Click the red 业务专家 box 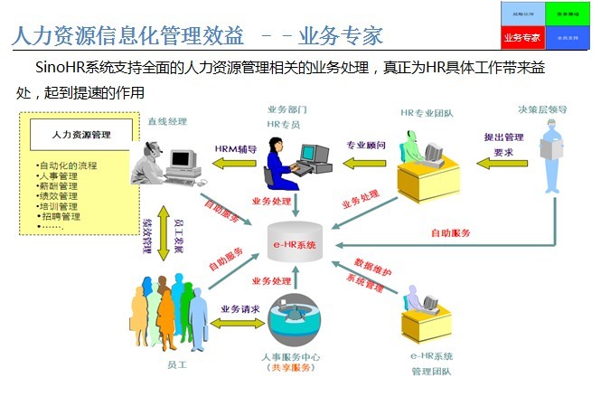click(x=522, y=37)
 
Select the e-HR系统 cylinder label click(x=295, y=245)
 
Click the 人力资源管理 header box click(x=81, y=135)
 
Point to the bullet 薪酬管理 click(x=59, y=185)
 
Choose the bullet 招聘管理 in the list click(x=61, y=216)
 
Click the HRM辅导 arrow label click(x=236, y=148)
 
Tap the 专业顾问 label click(x=366, y=145)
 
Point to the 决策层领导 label click(x=542, y=109)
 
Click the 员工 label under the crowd click(x=177, y=364)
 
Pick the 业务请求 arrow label click(x=239, y=308)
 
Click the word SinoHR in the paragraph click(x=61, y=68)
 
